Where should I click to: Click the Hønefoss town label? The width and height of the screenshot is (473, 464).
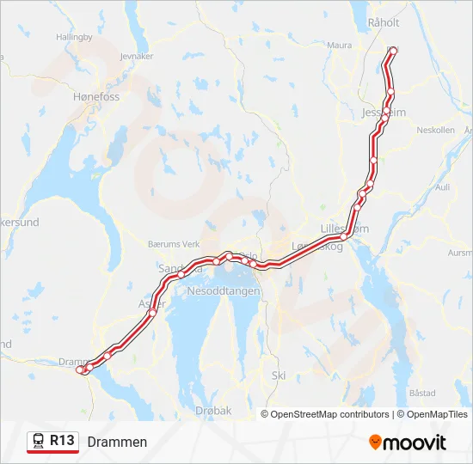click(96, 99)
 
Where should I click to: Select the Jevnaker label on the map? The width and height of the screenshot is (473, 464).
click(138, 56)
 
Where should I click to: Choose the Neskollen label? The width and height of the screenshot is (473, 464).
click(434, 130)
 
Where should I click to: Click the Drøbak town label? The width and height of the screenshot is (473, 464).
click(213, 411)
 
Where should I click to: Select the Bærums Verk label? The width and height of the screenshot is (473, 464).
click(174, 244)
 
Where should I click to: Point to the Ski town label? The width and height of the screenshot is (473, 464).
click(278, 375)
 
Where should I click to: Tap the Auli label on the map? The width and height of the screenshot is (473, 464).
click(443, 186)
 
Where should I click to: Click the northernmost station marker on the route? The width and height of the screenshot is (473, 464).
click(394, 52)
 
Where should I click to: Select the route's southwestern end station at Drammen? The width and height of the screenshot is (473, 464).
click(81, 369)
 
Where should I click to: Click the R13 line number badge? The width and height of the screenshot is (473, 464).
click(62, 441)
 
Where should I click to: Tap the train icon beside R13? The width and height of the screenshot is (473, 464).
click(39, 441)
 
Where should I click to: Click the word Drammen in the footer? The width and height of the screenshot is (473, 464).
click(117, 442)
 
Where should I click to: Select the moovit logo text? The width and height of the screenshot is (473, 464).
click(415, 443)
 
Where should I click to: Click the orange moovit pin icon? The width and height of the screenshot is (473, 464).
click(375, 443)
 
